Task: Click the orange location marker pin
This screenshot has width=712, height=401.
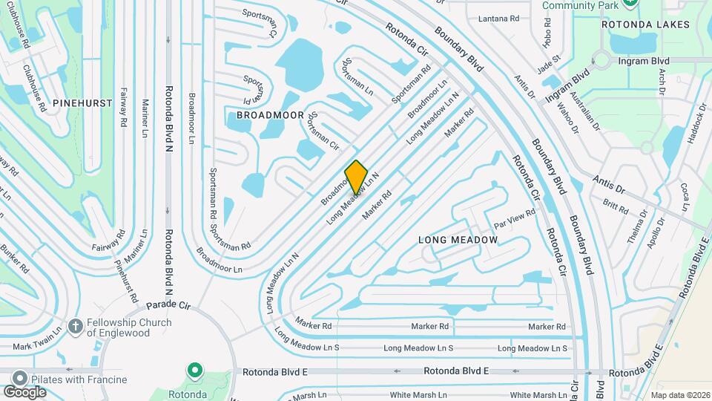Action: (357, 177)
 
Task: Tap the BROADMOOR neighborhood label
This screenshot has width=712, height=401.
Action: (260, 115)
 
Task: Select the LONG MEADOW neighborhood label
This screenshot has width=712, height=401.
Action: (458, 240)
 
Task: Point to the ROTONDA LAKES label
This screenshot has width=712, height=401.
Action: (645, 25)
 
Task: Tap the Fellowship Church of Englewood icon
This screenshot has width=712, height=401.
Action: (74, 327)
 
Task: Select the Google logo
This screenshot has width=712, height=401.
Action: (24, 391)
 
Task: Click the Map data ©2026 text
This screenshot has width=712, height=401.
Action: (680, 395)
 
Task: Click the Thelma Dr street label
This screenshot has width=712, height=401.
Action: (636, 227)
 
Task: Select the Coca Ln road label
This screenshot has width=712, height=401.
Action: (684, 197)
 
